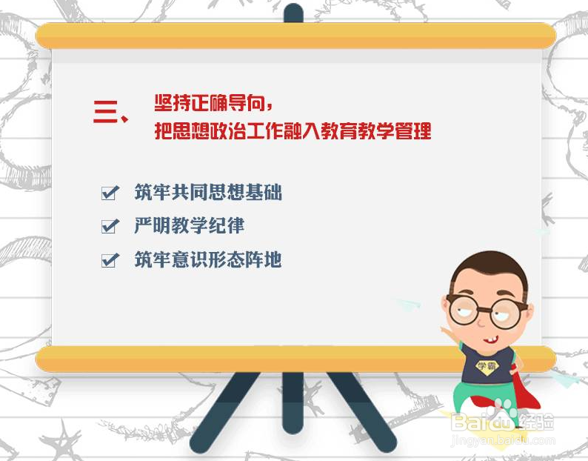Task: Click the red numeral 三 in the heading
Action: coord(106,111)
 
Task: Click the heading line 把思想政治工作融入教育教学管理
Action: coord(293,130)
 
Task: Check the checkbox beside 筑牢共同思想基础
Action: coord(110,193)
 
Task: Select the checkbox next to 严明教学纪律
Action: coord(110,226)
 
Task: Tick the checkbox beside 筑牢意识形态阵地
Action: coord(110,260)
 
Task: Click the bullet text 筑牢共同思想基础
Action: coord(208,193)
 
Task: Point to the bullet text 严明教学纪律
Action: coord(190,225)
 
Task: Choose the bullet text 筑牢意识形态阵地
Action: coord(208,259)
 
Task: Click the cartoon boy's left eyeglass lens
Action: coord(463,310)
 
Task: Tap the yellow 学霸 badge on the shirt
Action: coord(487,366)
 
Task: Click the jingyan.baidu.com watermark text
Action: coord(503,440)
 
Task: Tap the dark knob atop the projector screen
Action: coord(293,13)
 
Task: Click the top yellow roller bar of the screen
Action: coord(295,36)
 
